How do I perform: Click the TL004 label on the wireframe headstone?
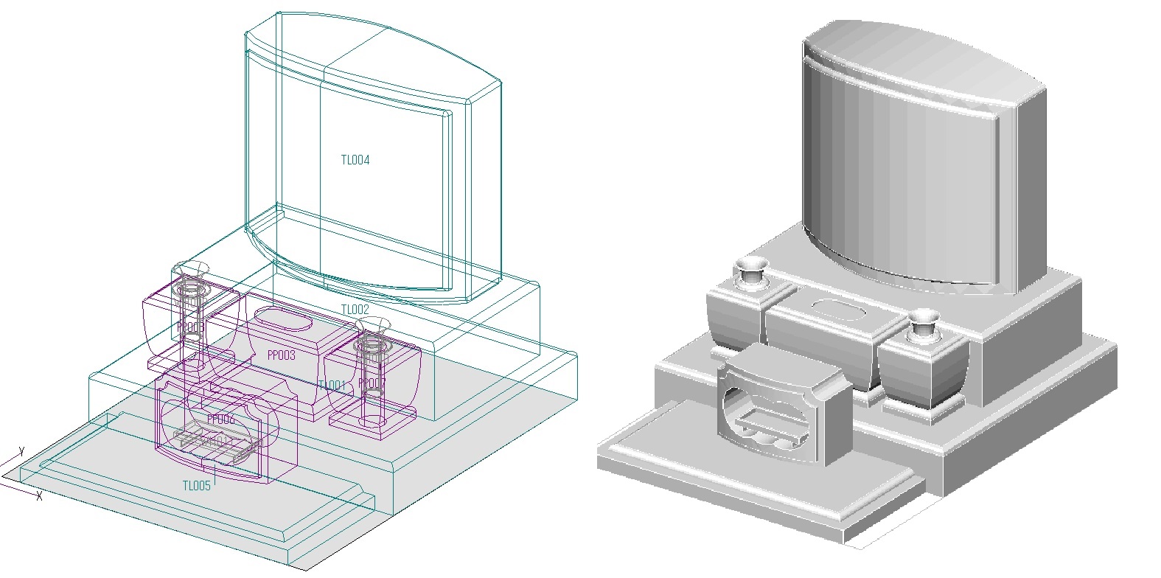point(355,160)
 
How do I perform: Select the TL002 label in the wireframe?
point(355,310)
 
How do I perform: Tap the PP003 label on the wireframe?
point(281,355)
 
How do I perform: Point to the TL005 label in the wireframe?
point(197,485)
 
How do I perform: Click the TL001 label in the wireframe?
point(331,386)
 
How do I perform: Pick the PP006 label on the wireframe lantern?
point(220,419)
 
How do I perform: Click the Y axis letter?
point(22,450)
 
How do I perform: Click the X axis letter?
point(39,497)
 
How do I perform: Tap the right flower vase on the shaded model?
point(923,324)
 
